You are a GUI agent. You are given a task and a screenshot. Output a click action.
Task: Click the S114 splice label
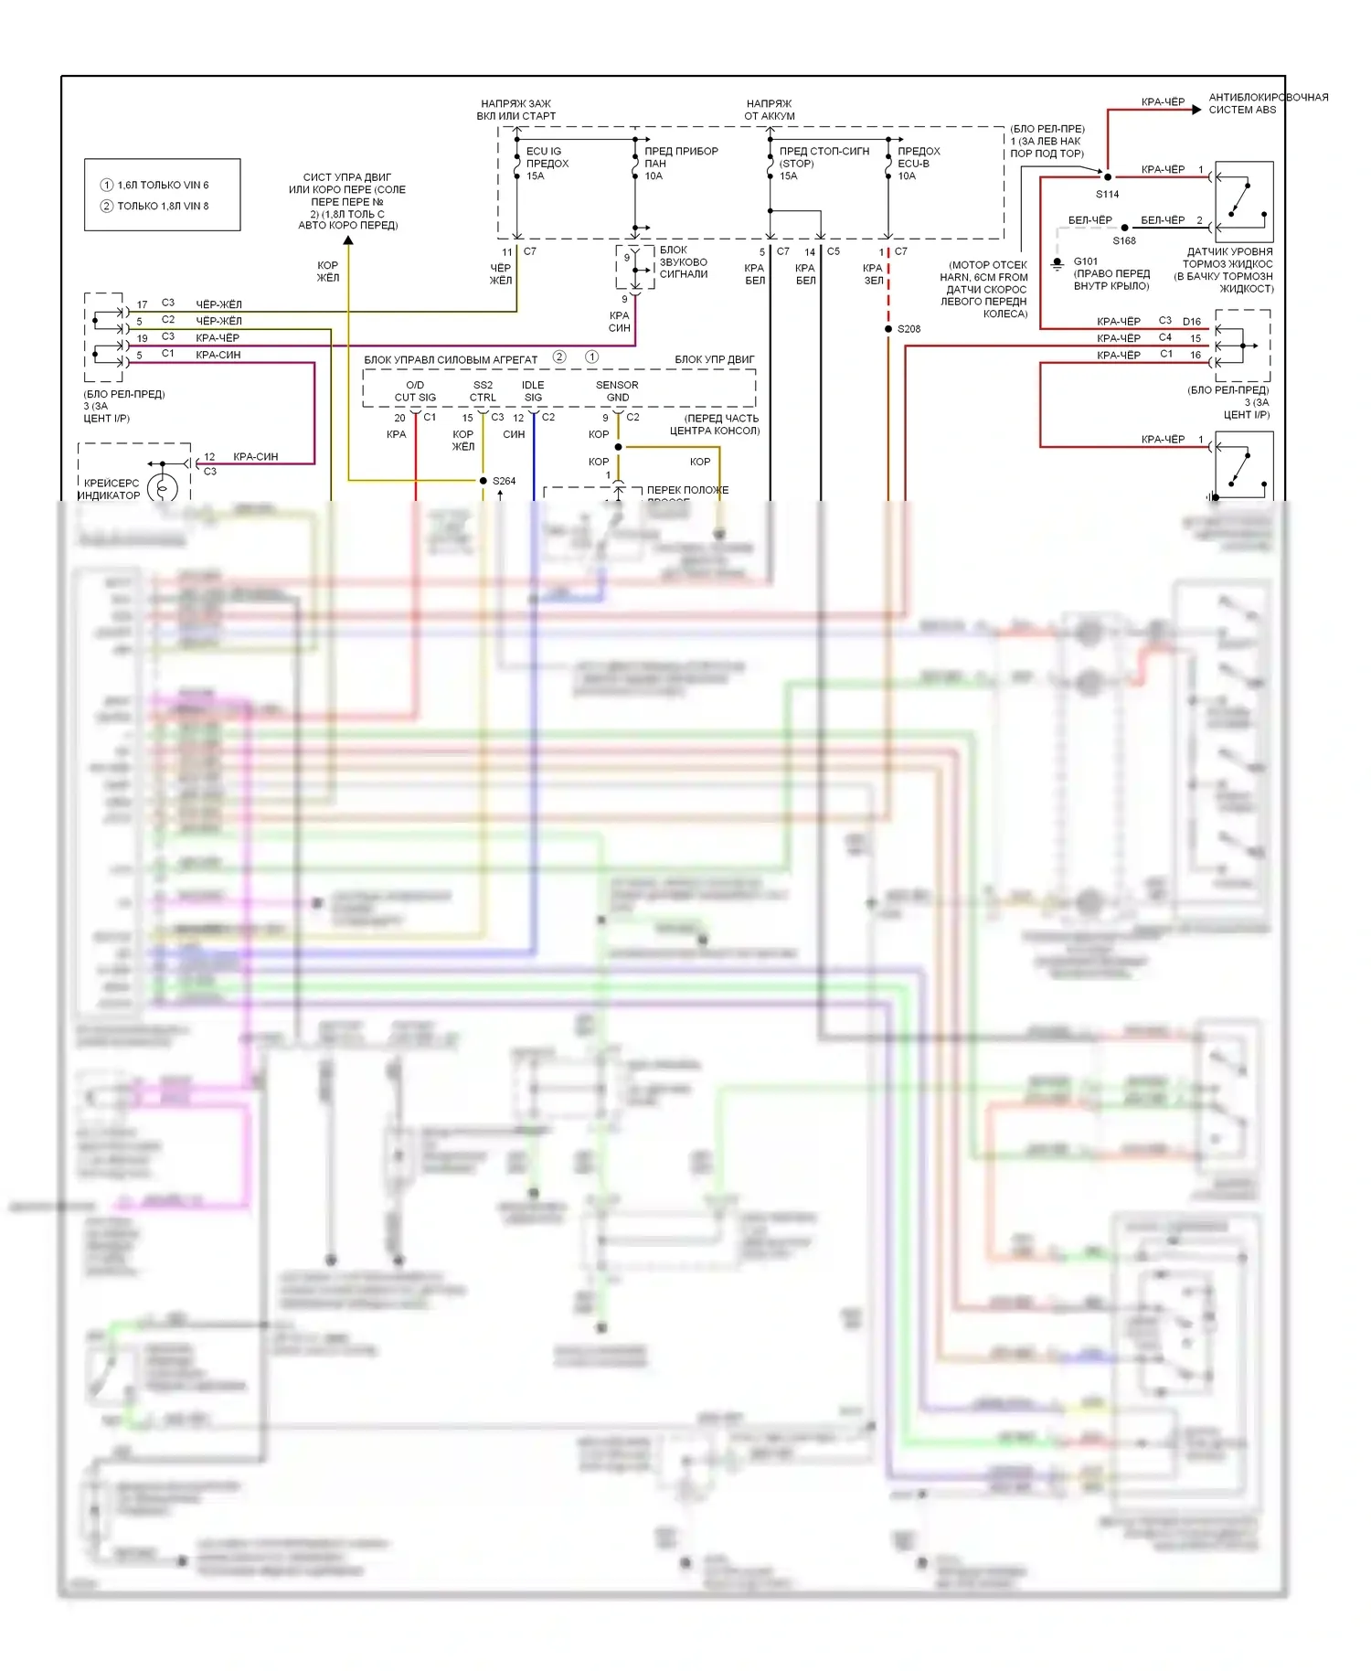(x=1107, y=195)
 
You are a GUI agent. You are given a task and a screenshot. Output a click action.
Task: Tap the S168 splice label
(x=1124, y=241)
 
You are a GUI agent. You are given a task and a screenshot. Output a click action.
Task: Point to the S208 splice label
(x=909, y=329)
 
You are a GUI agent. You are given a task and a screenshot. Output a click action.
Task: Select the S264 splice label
(x=504, y=481)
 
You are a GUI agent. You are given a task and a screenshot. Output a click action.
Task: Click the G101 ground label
(x=1086, y=261)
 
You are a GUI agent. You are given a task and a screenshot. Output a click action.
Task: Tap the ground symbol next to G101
(x=1057, y=264)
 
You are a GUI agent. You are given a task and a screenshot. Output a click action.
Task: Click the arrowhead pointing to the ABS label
(x=1196, y=110)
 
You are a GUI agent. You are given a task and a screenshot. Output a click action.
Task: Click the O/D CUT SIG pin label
(x=415, y=391)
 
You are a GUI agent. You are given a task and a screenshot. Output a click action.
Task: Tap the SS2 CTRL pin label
(x=483, y=391)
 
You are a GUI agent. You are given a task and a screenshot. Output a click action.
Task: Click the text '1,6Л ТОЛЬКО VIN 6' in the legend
(x=163, y=185)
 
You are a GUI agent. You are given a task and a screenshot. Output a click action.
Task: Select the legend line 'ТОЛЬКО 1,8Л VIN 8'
(x=163, y=207)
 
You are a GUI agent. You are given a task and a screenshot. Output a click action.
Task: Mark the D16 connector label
(x=1192, y=322)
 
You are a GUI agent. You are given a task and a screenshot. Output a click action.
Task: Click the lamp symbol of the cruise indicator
(x=163, y=488)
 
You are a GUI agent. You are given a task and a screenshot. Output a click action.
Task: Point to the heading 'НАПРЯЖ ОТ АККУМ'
(x=770, y=110)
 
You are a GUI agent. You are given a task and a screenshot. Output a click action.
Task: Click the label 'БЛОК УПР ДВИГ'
(x=715, y=359)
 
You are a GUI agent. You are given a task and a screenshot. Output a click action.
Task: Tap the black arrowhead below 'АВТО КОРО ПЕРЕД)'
(x=348, y=240)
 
